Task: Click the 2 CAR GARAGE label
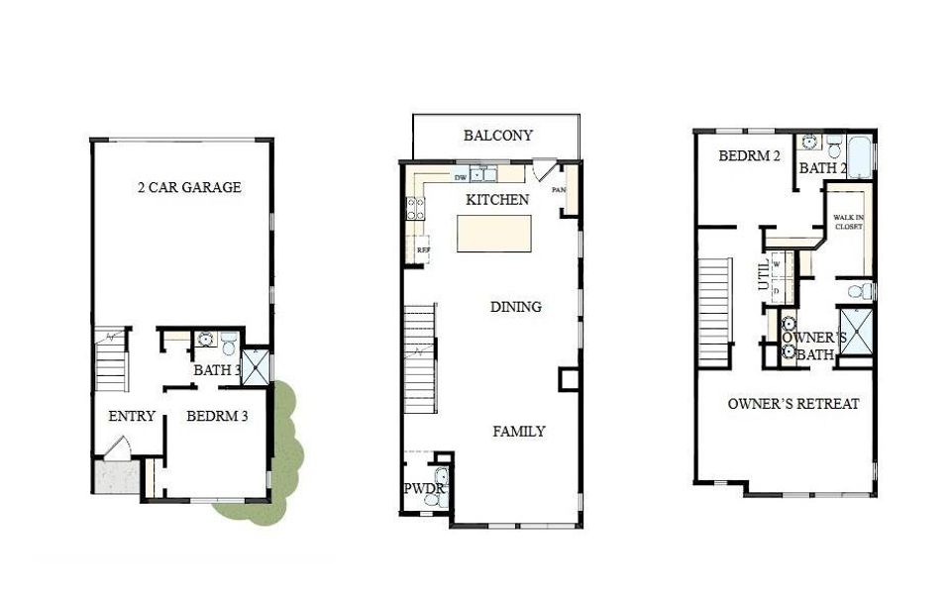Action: point(188,187)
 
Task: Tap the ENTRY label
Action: point(131,416)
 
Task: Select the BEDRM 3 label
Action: point(217,416)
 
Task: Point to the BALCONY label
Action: point(498,136)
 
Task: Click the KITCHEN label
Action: point(497,200)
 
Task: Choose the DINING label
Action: point(516,307)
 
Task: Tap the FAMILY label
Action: point(519,432)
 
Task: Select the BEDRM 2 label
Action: point(750,155)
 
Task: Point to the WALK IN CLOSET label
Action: point(848,222)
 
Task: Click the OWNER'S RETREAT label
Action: point(792,404)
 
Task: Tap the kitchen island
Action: point(493,234)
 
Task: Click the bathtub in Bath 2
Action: point(859,157)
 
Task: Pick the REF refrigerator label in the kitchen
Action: point(423,250)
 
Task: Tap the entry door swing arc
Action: point(115,447)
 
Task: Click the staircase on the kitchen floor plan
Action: point(419,359)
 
